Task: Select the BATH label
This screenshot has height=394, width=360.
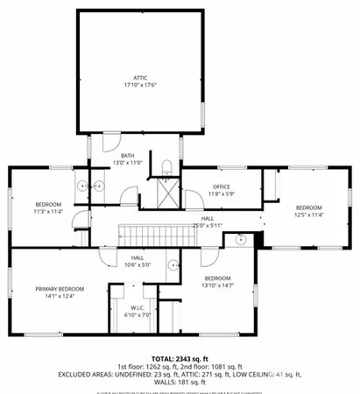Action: [128, 155]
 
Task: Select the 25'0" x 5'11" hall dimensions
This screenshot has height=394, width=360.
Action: [208, 225]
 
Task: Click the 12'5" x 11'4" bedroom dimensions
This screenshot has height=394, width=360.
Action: [308, 215]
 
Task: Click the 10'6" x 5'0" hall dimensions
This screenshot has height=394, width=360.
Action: [137, 264]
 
